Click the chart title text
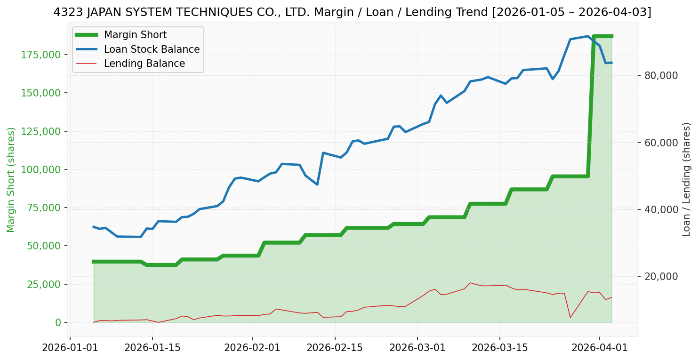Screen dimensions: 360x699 pos(352,12)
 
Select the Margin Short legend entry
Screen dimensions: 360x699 pos(135,35)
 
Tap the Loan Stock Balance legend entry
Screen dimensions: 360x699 pos(152,49)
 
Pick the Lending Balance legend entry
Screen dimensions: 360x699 pos(144,64)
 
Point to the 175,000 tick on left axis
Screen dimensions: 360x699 pos(41,55)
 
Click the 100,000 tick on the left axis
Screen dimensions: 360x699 pos(41,169)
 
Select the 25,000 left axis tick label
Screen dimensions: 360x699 pos(43,284)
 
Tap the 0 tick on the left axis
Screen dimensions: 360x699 pos(58,322)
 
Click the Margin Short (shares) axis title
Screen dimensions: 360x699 pos(11,179)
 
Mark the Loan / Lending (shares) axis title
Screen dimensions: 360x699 pos(687,179)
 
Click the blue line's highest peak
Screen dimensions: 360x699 pos(588,36)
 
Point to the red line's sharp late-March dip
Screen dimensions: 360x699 pos(570,318)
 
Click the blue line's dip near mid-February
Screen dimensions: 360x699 pos(317,184)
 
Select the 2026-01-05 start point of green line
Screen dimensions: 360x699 pos(94,262)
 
